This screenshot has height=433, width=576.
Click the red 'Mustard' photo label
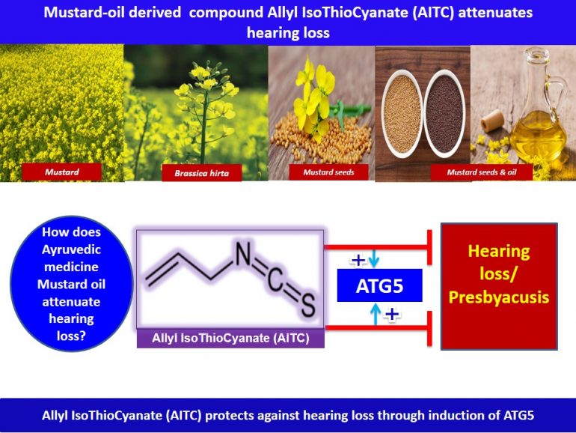[x=61, y=172]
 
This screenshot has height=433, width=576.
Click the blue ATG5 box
[x=379, y=285]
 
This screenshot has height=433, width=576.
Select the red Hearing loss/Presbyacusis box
[x=499, y=285]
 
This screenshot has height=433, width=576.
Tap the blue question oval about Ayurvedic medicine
[x=70, y=285]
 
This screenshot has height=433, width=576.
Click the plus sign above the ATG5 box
[x=358, y=260]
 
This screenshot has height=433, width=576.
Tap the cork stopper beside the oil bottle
[x=491, y=118]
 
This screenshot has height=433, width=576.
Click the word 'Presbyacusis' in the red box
[x=499, y=297]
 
